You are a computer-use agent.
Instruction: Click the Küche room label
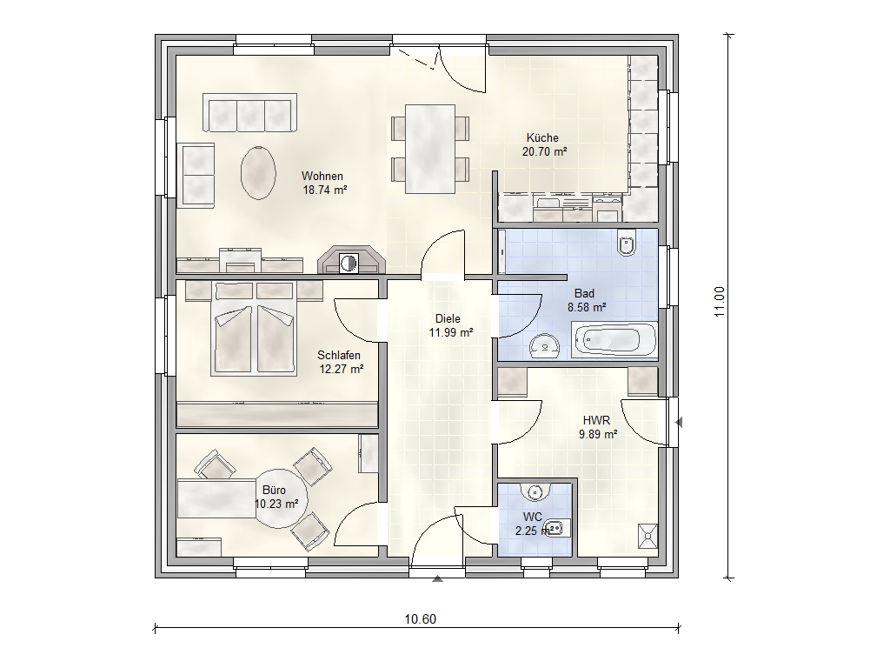(x=542, y=138)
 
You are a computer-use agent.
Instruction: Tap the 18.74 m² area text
(x=325, y=190)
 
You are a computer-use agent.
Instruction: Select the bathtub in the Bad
(x=614, y=341)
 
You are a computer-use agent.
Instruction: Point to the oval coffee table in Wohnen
(x=258, y=173)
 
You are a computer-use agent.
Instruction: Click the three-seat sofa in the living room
(x=249, y=113)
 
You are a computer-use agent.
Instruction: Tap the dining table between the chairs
(x=429, y=149)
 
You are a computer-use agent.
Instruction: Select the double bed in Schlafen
(x=254, y=328)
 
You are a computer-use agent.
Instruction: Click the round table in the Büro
(x=281, y=498)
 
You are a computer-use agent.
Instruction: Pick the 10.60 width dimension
(x=420, y=619)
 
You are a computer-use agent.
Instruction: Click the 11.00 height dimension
(x=720, y=302)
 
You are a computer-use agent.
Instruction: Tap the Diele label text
(x=448, y=319)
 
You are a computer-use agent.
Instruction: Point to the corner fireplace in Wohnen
(x=350, y=260)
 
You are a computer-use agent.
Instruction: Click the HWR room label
(x=596, y=421)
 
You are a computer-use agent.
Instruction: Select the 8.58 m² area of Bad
(x=587, y=308)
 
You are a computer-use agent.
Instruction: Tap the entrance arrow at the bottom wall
(x=437, y=578)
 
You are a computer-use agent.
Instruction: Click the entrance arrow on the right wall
(x=678, y=423)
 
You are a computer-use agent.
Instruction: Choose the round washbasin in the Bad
(x=545, y=347)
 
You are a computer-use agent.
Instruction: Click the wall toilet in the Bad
(x=627, y=244)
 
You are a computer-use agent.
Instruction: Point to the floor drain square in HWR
(x=648, y=536)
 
